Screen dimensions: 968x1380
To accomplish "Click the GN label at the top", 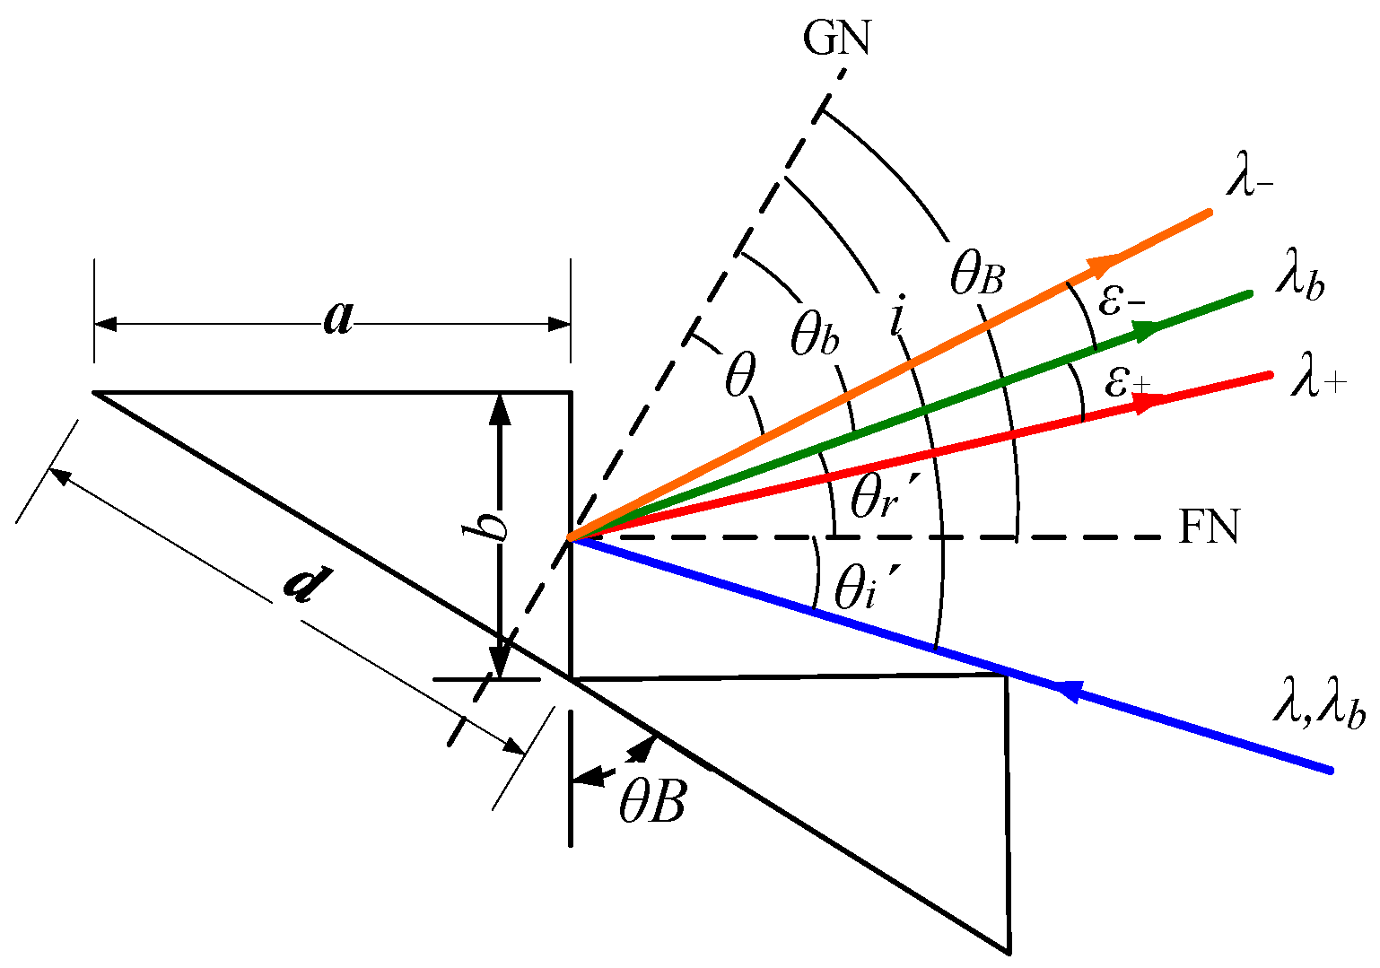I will click(x=836, y=39).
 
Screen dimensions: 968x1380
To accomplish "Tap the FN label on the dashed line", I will click(x=1209, y=528).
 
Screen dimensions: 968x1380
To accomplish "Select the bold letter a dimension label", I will click(x=337, y=318).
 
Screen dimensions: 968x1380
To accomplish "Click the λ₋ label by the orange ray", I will click(x=1253, y=183).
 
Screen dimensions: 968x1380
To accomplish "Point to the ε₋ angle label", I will click(x=1122, y=301).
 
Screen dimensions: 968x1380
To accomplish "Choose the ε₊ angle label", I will click(x=1127, y=383).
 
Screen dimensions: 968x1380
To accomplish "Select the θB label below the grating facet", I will click(x=651, y=803).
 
